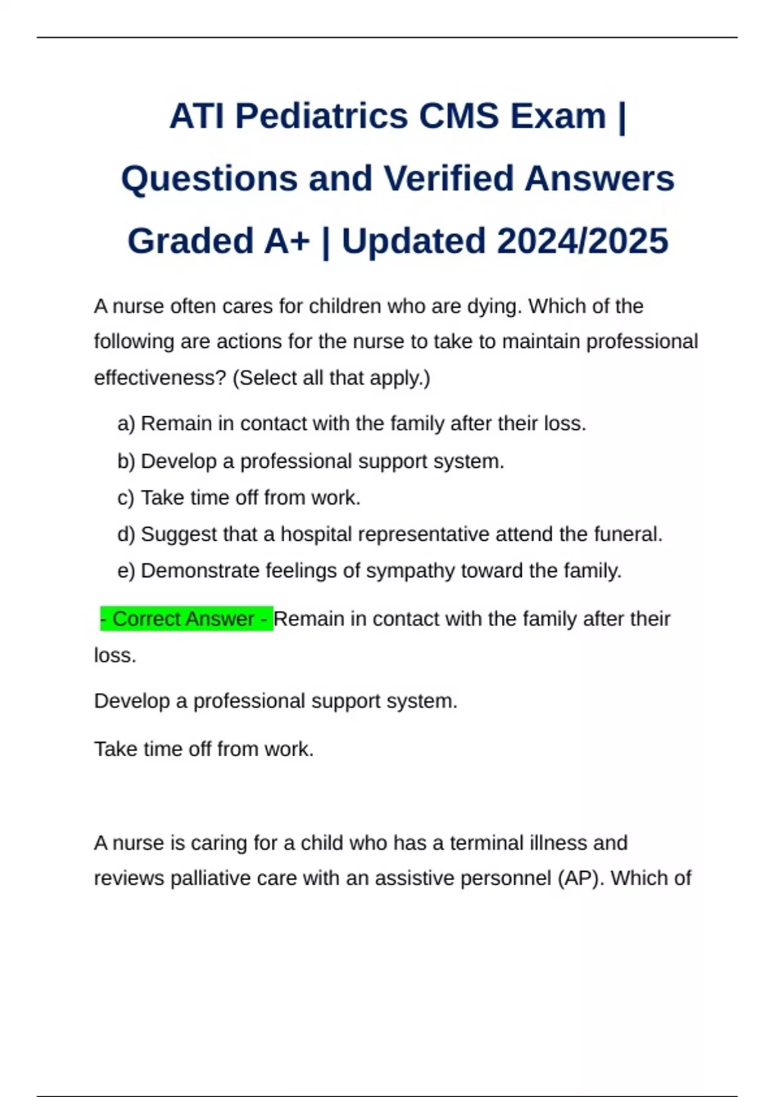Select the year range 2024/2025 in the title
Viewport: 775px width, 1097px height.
583,241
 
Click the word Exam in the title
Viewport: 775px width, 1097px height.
558,117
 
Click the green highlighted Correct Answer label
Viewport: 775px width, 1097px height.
187,619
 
